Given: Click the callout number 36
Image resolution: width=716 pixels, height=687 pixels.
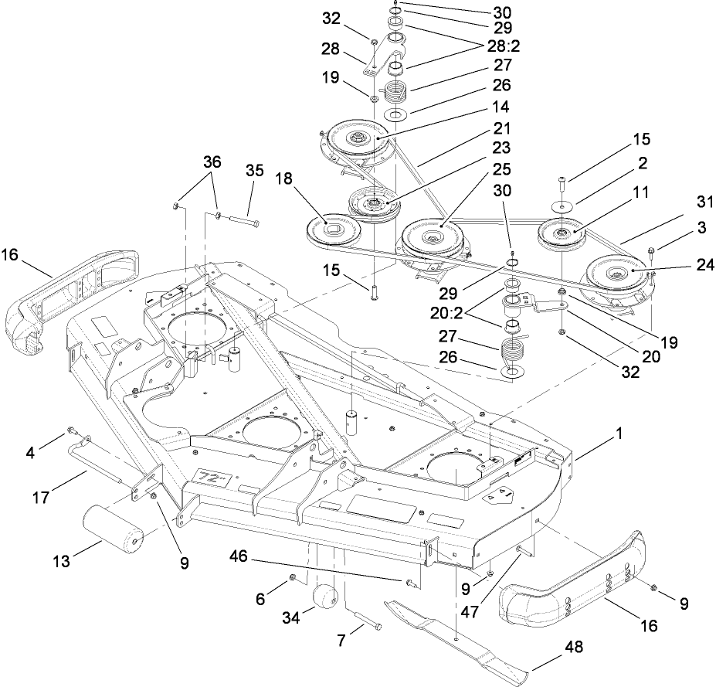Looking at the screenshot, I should point(212,162).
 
